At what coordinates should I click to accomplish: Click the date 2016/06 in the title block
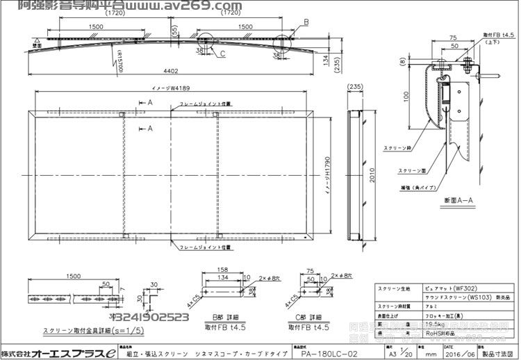click(464, 353)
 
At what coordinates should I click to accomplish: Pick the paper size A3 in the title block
click(392, 353)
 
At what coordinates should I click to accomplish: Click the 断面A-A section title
click(458, 201)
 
